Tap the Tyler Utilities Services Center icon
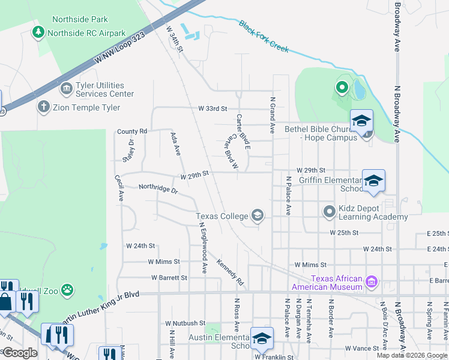66,90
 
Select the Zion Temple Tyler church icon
43,107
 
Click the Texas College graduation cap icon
258,216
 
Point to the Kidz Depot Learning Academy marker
329,212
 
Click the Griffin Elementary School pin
373,181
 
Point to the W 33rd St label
213,109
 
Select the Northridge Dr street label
158,188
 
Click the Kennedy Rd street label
231,272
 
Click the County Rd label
132,131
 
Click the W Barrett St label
169,278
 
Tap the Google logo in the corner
19,353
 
